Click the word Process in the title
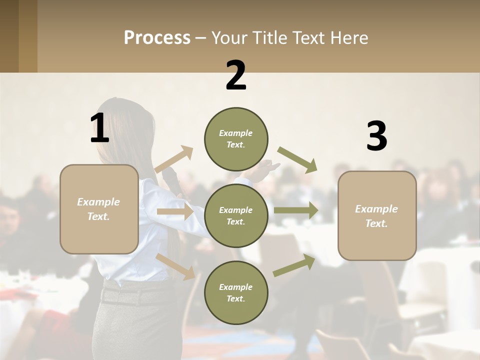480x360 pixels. (157, 38)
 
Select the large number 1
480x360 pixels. (99, 128)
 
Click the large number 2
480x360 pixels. (236, 75)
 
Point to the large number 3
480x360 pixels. (376, 136)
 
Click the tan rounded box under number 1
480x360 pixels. (99, 209)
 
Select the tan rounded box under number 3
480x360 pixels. (377, 215)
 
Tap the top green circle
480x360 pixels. (236, 139)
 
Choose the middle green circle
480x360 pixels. (236, 216)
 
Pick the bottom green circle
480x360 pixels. (236, 293)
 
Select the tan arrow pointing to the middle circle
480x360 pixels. (174, 211)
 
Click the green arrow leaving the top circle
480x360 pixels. (297, 159)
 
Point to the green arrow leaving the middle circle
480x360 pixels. (295, 210)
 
